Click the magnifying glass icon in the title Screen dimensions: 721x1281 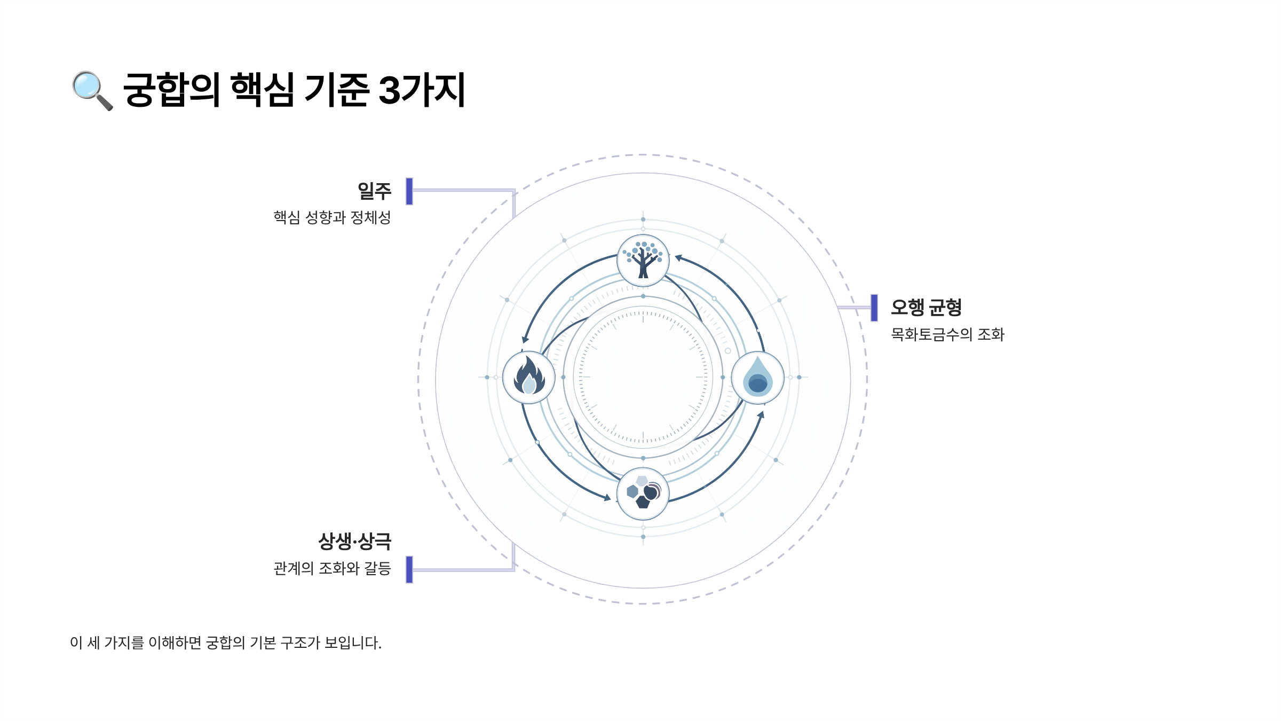click(x=92, y=90)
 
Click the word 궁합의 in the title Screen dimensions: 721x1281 click(x=171, y=90)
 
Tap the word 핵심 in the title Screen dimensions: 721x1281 click(x=262, y=90)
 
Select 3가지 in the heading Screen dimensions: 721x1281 click(x=422, y=90)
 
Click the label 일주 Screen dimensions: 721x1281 click(x=374, y=191)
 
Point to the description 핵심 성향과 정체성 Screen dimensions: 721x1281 click(x=332, y=217)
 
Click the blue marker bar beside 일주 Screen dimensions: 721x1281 click(x=409, y=191)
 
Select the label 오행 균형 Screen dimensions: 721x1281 click(x=926, y=308)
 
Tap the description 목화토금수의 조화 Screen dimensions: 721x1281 click(x=947, y=334)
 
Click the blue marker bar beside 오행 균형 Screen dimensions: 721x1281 click(x=874, y=308)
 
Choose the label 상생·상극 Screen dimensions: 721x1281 click(x=355, y=542)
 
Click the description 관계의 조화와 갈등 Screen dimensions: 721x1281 click(x=332, y=568)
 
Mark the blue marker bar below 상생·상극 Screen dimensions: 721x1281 click(x=409, y=569)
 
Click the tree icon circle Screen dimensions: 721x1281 click(x=643, y=261)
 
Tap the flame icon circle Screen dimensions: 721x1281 click(x=529, y=377)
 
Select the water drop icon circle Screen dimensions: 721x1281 click(x=757, y=377)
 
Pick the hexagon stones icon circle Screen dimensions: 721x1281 click(x=643, y=493)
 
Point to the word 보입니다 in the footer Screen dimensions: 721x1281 click(x=352, y=642)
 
